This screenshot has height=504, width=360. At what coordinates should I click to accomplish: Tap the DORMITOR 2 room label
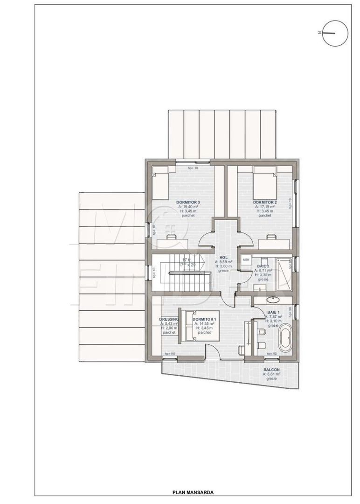coord(264,202)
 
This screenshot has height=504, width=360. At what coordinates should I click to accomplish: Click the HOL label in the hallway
coord(223,257)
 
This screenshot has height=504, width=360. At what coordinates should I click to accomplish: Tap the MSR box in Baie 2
coord(246,259)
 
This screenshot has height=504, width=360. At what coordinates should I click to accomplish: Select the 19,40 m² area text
coord(188,206)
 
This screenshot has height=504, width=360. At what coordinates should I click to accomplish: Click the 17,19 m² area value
coord(264,206)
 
